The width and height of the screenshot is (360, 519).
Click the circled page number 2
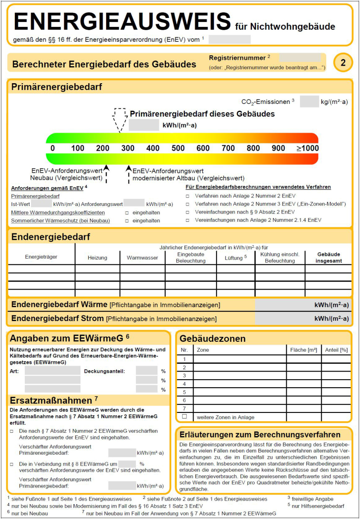(x=343, y=63)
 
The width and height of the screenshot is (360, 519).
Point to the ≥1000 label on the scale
(x=307, y=148)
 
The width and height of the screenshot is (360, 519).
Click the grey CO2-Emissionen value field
(x=309, y=102)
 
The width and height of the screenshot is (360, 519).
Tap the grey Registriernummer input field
(x=300, y=58)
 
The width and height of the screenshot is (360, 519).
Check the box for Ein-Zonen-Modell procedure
(x=188, y=204)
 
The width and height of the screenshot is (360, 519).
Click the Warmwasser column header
(x=142, y=258)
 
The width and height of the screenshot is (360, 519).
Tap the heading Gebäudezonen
(x=212, y=338)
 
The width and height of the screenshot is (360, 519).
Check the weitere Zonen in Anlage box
(x=184, y=417)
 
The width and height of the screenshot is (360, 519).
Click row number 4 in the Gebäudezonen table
(x=184, y=384)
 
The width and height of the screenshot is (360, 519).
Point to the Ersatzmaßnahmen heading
(x=51, y=400)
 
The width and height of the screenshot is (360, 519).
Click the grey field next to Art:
(x=52, y=371)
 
